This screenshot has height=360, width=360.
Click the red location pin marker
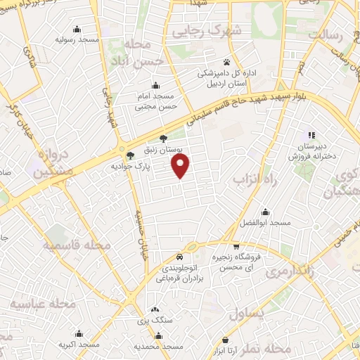(181, 166)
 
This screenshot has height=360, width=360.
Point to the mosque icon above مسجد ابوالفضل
(265, 212)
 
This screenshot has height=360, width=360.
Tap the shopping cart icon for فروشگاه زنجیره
(236, 247)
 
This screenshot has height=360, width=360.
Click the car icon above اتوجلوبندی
(181, 257)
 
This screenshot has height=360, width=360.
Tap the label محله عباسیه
(44, 304)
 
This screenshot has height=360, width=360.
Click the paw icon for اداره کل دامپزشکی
(226, 62)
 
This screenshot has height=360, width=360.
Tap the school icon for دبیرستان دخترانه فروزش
(309, 136)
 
